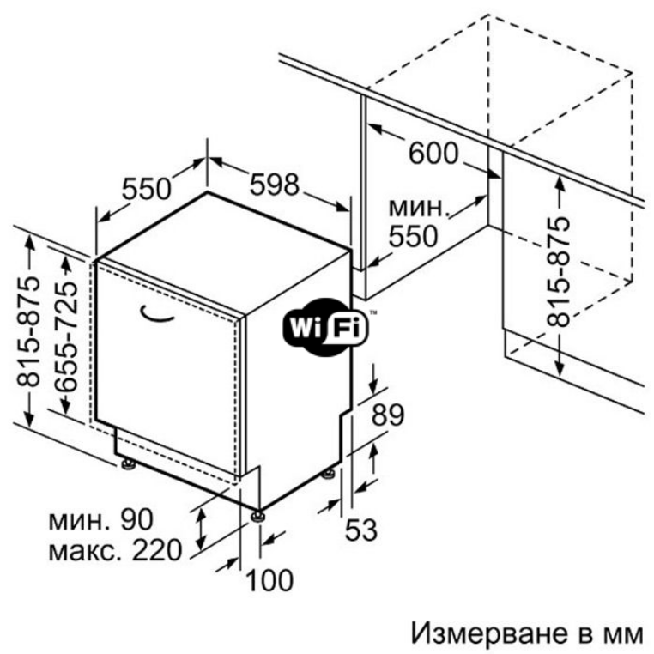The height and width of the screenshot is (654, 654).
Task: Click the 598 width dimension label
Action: tap(275, 185)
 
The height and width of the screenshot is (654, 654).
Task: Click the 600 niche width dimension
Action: tap(433, 154)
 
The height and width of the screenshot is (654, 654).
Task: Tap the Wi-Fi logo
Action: tap(326, 327)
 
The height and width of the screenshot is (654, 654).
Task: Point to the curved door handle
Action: tap(156, 314)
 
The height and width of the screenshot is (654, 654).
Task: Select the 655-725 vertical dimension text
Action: tap(67, 336)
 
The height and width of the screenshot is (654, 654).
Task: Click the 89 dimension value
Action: tap(388, 415)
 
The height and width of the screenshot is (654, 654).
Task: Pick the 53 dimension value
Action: tap(361, 530)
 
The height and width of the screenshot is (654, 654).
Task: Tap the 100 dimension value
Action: tap(269, 580)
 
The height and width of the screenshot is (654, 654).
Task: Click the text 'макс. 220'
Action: tap(116, 550)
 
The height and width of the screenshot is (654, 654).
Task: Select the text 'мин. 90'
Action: tap(101, 520)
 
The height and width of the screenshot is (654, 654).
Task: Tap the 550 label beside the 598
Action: tap(147, 189)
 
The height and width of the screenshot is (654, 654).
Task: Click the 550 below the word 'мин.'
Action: tap(414, 237)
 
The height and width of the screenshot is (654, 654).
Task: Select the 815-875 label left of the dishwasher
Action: tap(28, 331)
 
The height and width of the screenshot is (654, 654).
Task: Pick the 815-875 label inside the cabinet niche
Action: tap(558, 271)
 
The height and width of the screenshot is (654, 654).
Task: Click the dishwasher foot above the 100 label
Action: tap(257, 516)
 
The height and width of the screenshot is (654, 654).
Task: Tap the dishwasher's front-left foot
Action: tap(128, 464)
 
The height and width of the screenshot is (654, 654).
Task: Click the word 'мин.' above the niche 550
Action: tap(419, 208)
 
